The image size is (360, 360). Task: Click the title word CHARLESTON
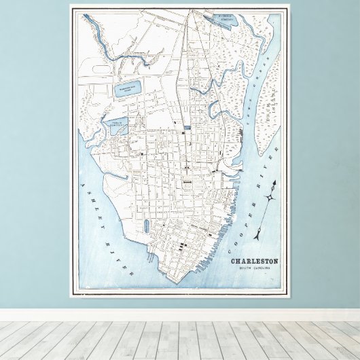click(x=254, y=262)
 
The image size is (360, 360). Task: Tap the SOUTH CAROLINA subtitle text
click(x=255, y=268)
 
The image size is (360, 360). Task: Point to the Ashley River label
click(x=110, y=225)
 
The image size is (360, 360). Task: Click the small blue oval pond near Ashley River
click(x=146, y=226)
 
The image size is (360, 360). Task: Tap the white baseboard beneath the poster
click(x=180, y=315)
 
